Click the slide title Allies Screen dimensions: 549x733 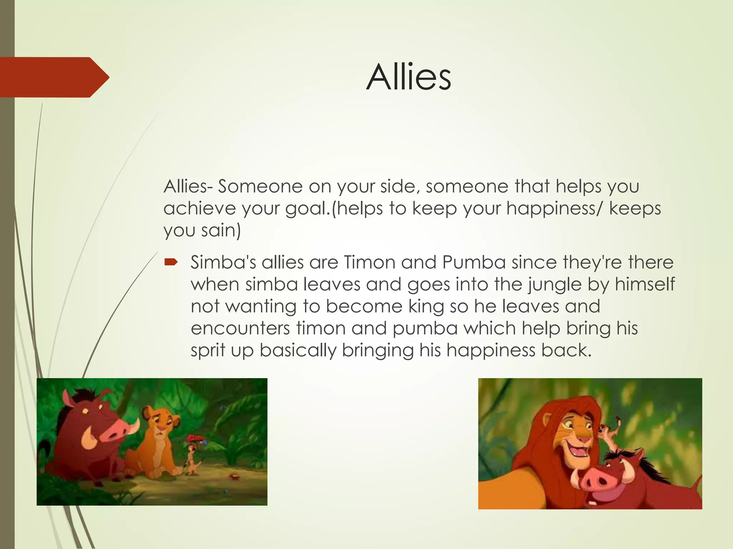click(x=408, y=77)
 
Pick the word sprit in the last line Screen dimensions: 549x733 click(x=208, y=350)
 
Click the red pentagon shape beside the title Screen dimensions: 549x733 click(x=54, y=77)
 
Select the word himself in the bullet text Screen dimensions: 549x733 click(x=645, y=285)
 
